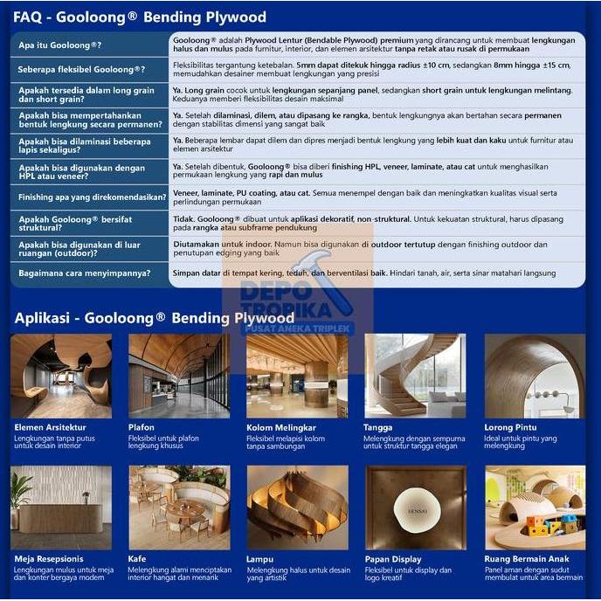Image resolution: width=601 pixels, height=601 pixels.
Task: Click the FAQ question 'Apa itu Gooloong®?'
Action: click(x=59, y=45)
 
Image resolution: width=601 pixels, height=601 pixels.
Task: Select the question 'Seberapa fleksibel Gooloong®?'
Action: click(x=81, y=69)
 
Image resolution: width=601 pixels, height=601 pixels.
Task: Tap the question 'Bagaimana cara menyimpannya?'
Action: click(x=84, y=273)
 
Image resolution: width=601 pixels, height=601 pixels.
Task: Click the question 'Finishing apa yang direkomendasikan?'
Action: click(x=84, y=197)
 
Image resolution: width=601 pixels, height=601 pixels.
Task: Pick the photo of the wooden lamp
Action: click(x=297, y=508)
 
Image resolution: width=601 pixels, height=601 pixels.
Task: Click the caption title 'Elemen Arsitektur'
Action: click(x=50, y=427)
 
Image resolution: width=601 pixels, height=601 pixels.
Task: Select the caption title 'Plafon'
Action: click(x=142, y=427)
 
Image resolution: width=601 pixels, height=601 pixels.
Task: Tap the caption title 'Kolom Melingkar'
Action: click(x=281, y=427)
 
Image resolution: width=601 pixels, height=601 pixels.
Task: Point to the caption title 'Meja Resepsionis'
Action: click(x=49, y=559)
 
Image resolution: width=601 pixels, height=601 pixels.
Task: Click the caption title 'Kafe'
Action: click(x=137, y=559)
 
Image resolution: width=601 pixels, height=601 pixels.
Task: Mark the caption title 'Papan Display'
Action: click(x=393, y=559)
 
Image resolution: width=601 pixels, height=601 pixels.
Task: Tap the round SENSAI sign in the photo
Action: click(x=415, y=506)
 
